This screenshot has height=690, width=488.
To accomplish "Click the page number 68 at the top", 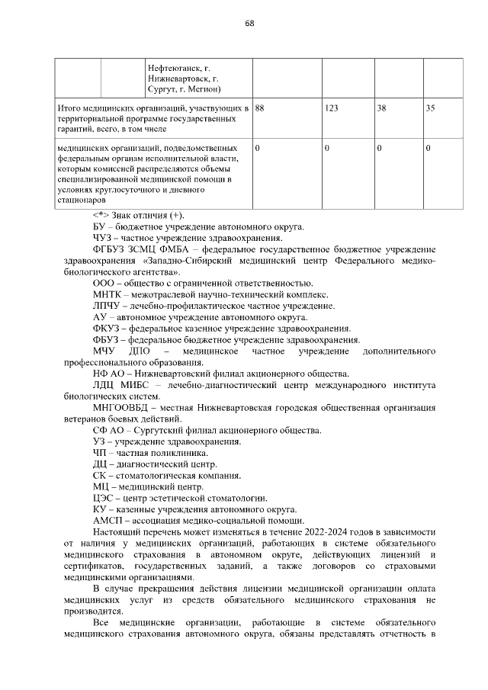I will (x=249, y=23).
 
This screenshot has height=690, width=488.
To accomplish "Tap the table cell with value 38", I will (x=381, y=108).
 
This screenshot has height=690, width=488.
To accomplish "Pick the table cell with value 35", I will (x=430, y=108).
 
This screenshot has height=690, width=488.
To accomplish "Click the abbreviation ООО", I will (x=103, y=282).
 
